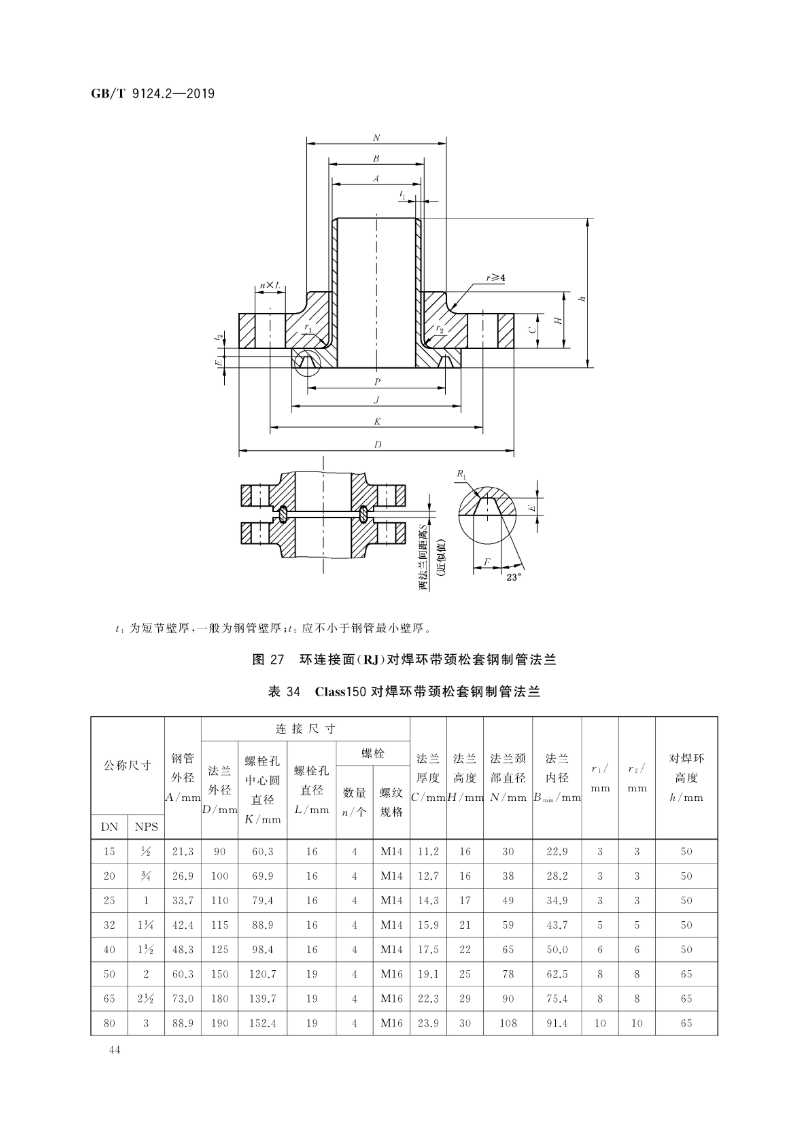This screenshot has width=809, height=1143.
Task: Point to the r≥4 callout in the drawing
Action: (x=495, y=278)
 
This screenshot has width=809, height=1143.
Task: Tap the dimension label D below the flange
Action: (x=377, y=445)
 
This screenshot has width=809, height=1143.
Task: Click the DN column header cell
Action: (x=109, y=827)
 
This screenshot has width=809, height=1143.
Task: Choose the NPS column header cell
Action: (x=146, y=827)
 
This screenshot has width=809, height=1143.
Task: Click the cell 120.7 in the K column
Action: (x=263, y=974)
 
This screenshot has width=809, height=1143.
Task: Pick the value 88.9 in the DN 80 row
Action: (x=182, y=1023)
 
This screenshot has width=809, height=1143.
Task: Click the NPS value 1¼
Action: (x=146, y=925)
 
